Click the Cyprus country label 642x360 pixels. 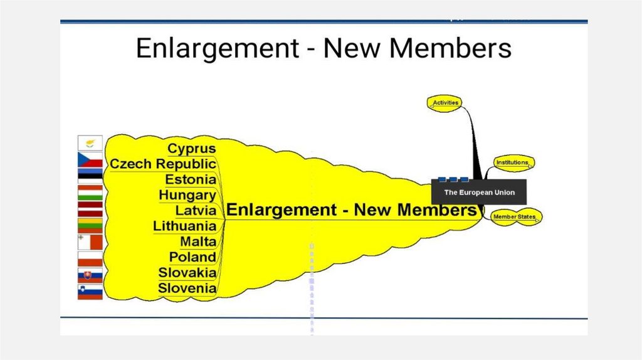point(191,149)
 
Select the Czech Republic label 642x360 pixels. point(162,164)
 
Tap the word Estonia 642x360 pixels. point(191,180)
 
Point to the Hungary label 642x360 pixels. point(187,195)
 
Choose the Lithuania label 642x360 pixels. point(184,226)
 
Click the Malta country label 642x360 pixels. point(197,241)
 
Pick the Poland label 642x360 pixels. point(192,257)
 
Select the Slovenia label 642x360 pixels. point(187,289)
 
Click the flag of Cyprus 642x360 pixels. point(90,142)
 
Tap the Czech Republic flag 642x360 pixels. point(90,159)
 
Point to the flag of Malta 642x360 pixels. point(90,242)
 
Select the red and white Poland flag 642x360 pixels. point(90,258)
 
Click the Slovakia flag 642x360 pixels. point(90,275)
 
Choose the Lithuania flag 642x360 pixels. point(90,225)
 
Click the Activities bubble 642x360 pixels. point(446,102)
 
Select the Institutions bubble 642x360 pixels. point(512,163)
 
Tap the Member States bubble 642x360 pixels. point(514,217)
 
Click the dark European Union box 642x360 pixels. point(479,192)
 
